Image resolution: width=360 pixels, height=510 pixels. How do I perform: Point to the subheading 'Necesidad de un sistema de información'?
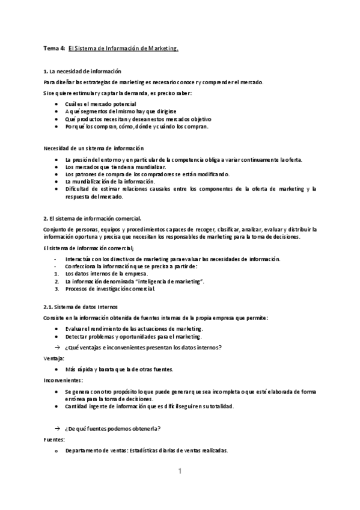94,147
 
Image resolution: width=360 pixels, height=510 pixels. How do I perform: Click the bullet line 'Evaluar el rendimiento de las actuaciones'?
134,328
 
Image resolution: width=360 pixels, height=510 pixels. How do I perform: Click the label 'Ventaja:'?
54,358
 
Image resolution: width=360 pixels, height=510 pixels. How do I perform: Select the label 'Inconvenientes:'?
63,380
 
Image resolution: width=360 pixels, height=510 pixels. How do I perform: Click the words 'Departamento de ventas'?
96,450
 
